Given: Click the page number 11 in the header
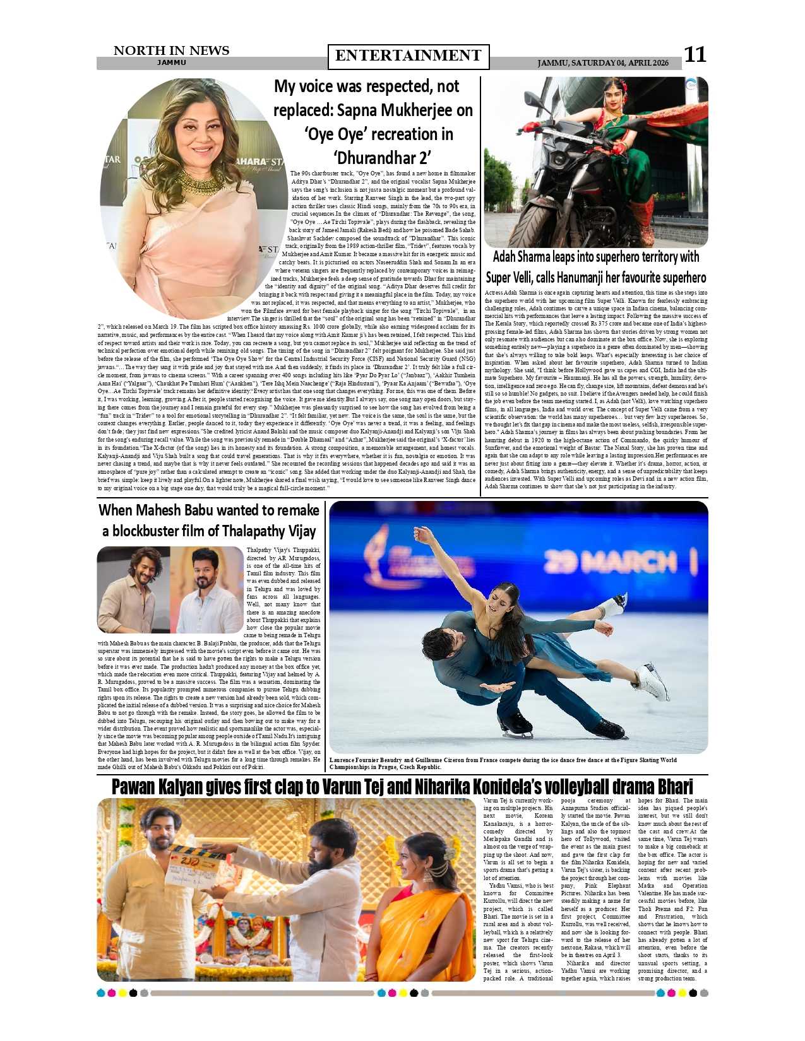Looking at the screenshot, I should [695, 55].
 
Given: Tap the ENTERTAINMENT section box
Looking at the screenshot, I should [408, 56].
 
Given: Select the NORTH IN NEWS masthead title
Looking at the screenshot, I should [171, 50].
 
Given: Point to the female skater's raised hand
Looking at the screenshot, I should [419, 534].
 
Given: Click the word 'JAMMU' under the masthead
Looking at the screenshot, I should [171, 63].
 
